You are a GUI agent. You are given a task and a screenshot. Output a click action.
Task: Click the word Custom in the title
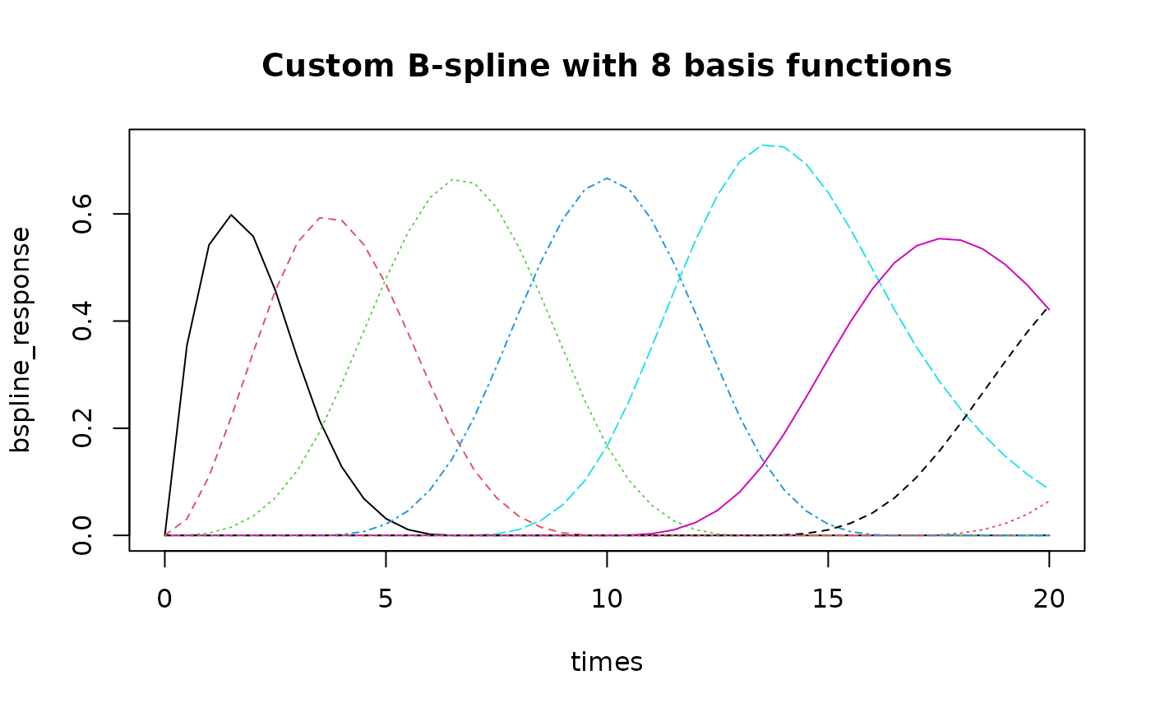point(328,67)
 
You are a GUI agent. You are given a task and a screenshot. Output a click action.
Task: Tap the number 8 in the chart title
point(661,67)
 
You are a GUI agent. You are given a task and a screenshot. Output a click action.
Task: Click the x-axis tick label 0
point(164,599)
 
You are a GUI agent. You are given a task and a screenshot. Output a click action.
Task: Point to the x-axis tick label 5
point(386,599)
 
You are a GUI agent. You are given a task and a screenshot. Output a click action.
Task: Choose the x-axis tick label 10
point(607,599)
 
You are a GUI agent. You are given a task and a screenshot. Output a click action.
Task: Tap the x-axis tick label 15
point(828,599)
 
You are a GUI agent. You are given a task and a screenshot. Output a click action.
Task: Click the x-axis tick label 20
point(1049,599)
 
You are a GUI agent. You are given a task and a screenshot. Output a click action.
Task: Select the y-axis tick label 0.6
point(81,214)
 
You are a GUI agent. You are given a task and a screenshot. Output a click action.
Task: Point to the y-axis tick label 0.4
point(81,321)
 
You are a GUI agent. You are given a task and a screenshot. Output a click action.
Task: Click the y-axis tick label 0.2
point(81,428)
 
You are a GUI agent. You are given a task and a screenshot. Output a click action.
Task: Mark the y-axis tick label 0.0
point(81,535)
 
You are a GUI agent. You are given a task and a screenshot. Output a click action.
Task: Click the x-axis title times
point(607,662)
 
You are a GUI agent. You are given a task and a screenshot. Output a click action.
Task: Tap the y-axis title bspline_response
point(21,340)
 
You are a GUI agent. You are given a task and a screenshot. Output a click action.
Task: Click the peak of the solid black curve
point(231,215)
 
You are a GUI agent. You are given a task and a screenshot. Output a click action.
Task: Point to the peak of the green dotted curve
point(453,180)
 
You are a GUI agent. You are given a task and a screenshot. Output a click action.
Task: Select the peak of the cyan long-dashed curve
point(763,146)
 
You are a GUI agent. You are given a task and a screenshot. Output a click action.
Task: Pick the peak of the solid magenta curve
point(939,239)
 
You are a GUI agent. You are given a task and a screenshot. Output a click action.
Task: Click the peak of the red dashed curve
point(320,218)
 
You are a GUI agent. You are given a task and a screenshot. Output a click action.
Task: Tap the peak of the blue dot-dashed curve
point(608,178)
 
